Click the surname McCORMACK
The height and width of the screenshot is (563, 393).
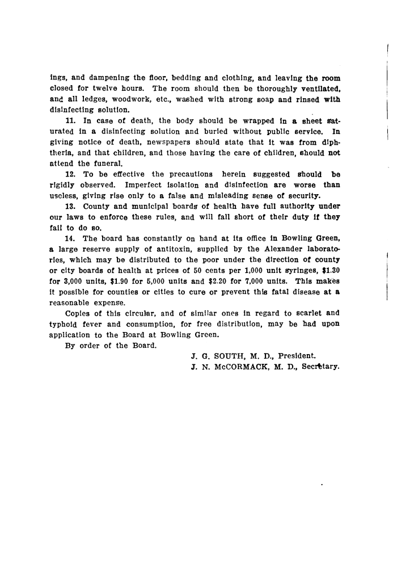coord(238,367)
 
